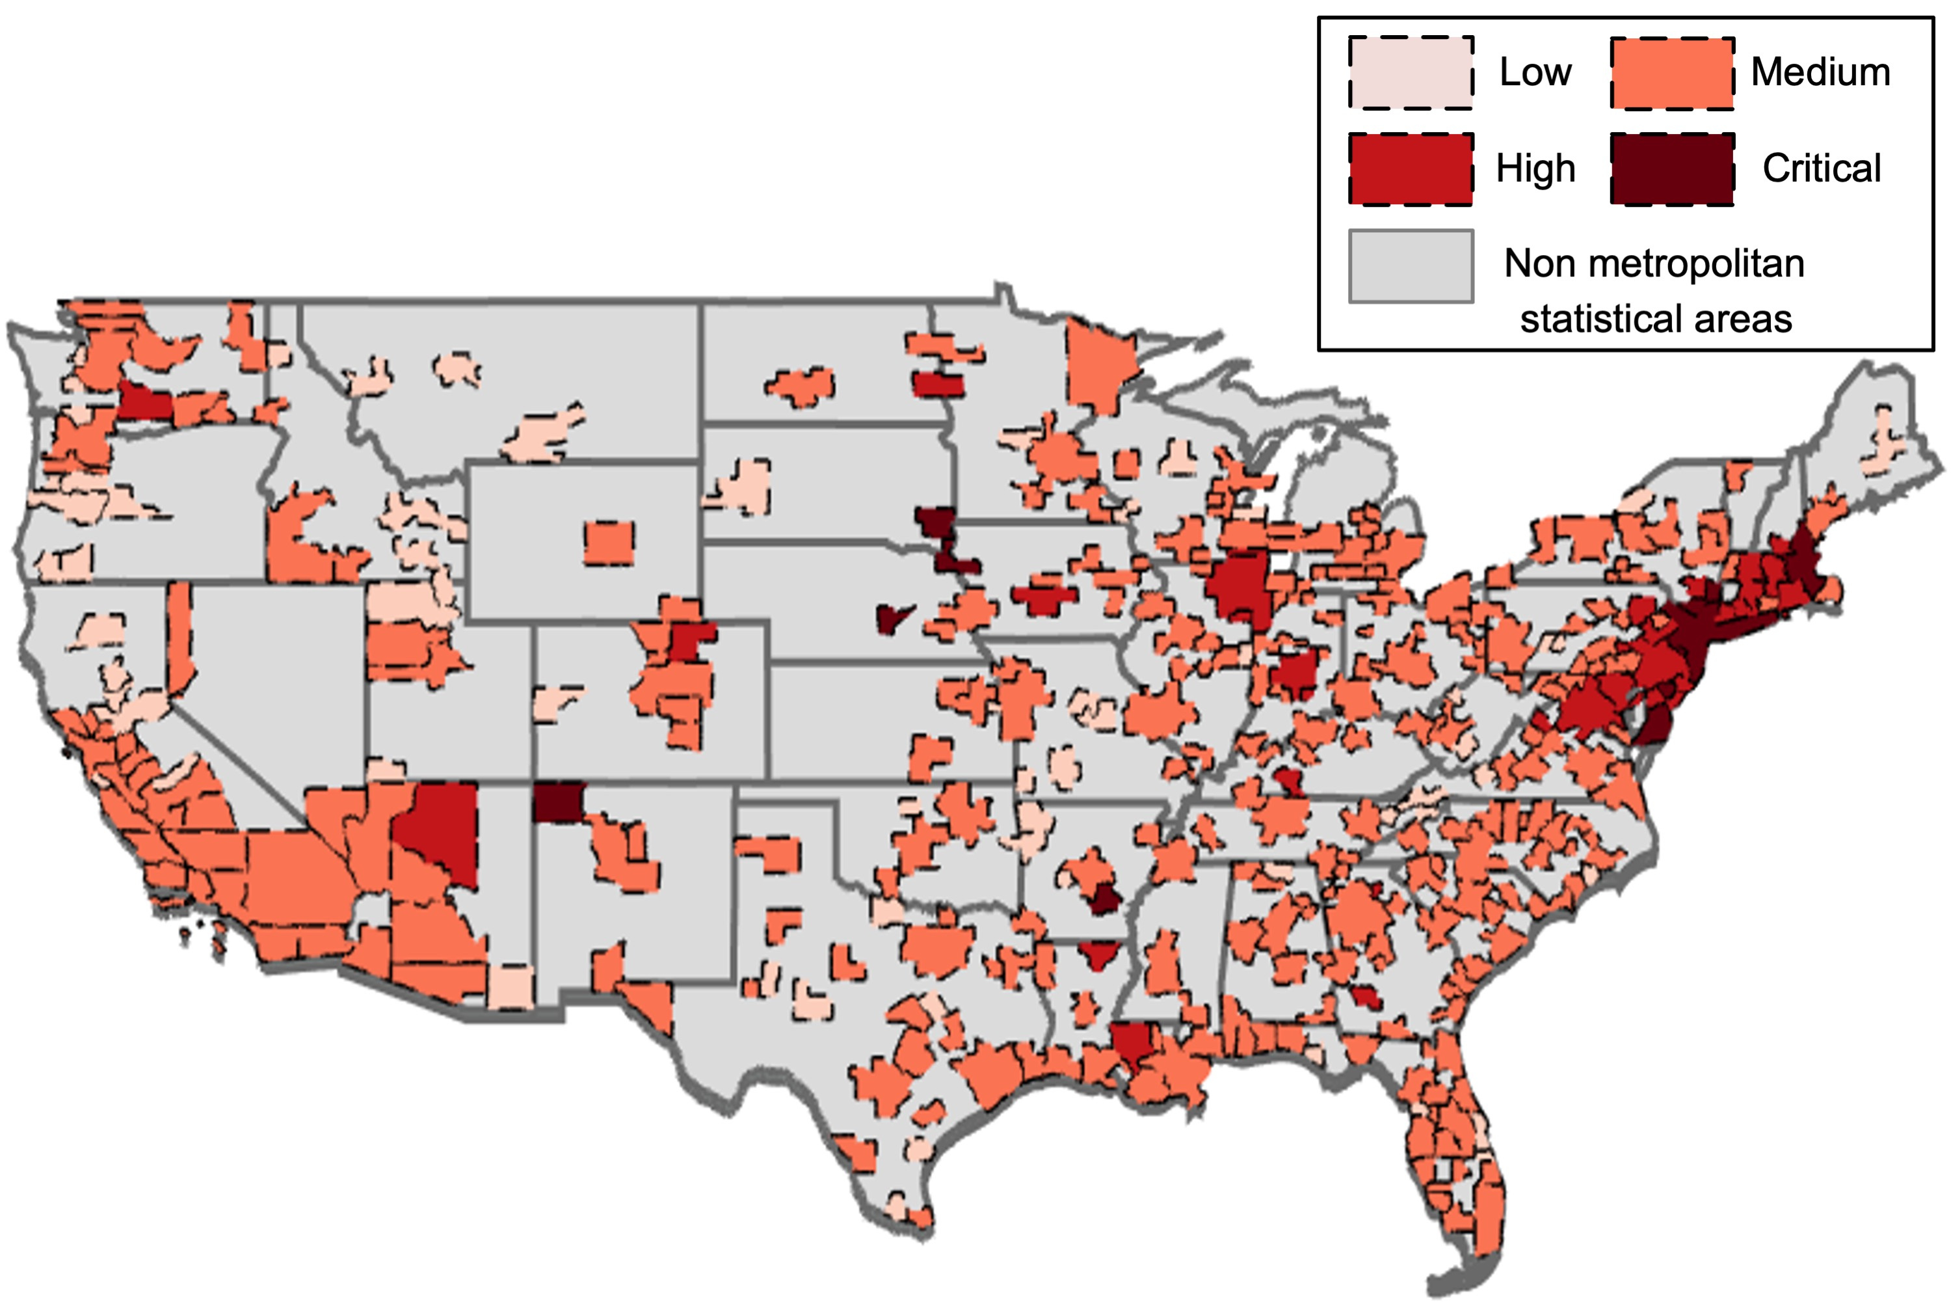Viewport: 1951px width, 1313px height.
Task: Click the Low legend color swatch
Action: click(x=1411, y=73)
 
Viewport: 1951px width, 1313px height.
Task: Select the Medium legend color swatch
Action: click(x=1671, y=73)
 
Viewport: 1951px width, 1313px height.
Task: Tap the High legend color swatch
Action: click(x=1411, y=169)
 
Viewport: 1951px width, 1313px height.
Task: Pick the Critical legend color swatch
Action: click(x=1671, y=169)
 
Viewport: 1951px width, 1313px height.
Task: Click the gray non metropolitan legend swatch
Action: click(x=1411, y=265)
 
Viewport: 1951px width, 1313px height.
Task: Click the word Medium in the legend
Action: click(x=1820, y=72)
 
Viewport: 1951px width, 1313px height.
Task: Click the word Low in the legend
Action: click(x=1534, y=72)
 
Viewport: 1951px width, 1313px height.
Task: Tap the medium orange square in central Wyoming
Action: click(x=609, y=543)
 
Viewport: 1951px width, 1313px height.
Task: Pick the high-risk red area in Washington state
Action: click(x=144, y=403)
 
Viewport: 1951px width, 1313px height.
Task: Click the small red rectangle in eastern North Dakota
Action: click(x=938, y=385)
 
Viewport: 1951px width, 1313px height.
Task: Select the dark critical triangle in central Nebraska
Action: click(x=892, y=618)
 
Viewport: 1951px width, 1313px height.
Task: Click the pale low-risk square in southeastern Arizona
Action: click(x=511, y=986)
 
